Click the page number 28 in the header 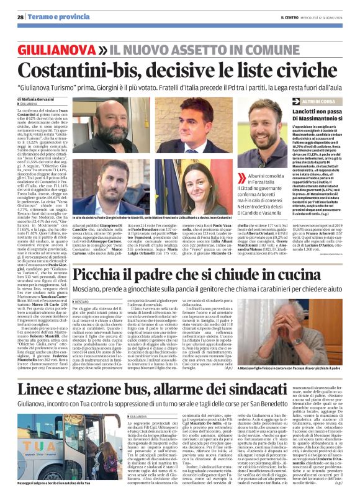[x=20, y=17]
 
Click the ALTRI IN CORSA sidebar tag [x=319, y=100]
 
